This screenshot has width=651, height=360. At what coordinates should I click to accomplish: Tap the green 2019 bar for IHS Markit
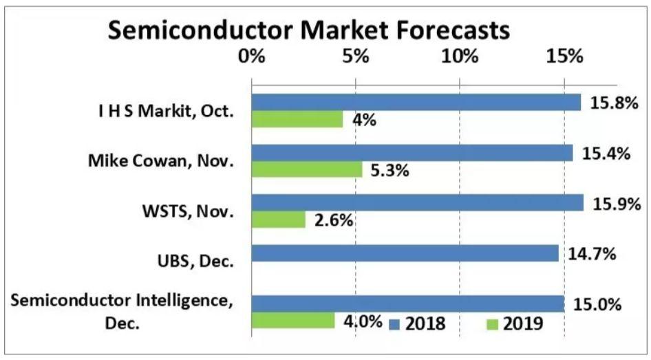297,119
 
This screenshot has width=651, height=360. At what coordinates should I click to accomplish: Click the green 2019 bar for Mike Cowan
306,169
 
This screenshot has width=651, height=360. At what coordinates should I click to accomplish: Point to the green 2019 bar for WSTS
278,220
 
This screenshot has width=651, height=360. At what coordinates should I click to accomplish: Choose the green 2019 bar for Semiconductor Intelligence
292,321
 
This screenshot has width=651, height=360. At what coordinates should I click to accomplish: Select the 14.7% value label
592,253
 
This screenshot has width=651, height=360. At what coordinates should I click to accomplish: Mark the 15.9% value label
614,204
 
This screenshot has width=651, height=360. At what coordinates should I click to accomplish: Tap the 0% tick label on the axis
251,56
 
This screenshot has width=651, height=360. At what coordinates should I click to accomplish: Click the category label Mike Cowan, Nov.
161,161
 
